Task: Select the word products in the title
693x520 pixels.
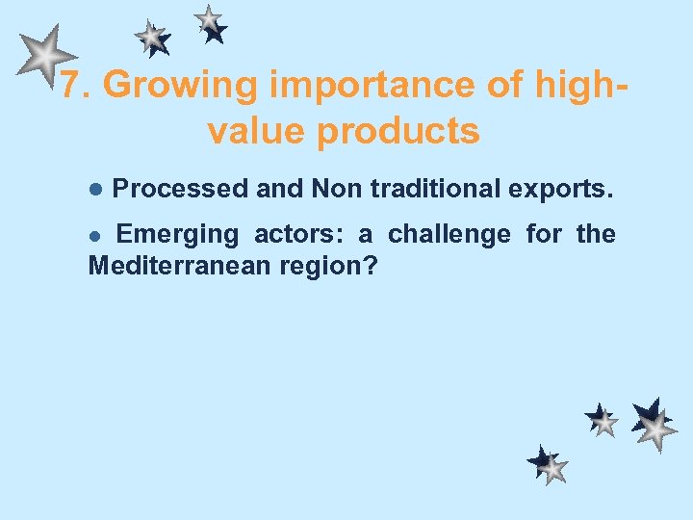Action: tap(398, 131)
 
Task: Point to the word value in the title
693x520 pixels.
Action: tap(256, 131)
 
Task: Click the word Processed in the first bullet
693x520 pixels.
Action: tap(180, 189)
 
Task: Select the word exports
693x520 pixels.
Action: tap(560, 189)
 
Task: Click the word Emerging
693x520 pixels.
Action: tap(177, 234)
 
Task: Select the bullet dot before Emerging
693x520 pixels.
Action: tap(94, 235)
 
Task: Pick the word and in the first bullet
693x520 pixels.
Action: tap(279, 189)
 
